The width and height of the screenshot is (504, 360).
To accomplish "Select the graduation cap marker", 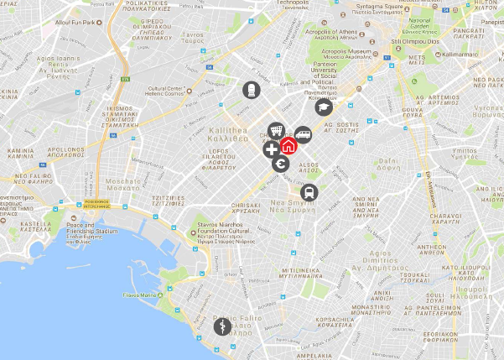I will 325,107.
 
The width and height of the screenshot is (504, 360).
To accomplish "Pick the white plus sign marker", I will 271,150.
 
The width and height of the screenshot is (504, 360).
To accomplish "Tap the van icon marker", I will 302,133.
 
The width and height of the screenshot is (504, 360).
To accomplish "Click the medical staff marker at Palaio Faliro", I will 221,326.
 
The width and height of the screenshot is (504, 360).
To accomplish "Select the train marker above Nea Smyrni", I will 309,192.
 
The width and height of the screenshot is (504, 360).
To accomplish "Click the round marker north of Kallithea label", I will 251,89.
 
